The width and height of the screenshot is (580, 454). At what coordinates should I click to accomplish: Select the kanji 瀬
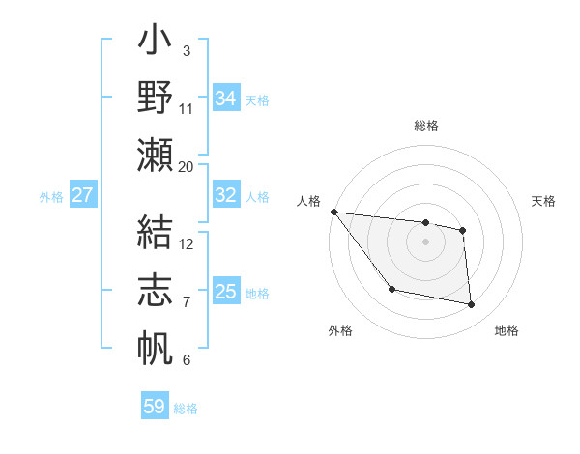(x=156, y=155)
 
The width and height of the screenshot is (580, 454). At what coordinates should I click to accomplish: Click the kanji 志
(x=156, y=291)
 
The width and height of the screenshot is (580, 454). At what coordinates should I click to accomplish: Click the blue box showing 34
(x=225, y=98)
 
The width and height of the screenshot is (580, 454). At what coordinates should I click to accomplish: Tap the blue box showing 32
(x=225, y=195)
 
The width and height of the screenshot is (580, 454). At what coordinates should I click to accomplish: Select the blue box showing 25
(x=225, y=292)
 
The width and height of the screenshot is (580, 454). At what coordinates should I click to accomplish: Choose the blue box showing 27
(x=82, y=195)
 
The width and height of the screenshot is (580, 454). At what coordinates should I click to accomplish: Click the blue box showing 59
(x=155, y=407)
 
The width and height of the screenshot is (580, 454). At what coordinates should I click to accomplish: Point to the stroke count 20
(x=187, y=166)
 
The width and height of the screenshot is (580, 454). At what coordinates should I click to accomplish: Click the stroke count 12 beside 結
(x=187, y=243)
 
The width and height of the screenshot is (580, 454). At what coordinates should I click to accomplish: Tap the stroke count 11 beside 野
(x=187, y=108)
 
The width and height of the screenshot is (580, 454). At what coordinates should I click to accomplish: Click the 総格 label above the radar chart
(x=425, y=126)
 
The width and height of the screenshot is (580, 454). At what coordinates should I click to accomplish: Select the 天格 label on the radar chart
(x=544, y=201)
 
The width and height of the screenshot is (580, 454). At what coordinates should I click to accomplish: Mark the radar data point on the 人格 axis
(x=333, y=212)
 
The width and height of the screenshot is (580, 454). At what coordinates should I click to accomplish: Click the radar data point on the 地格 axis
(x=472, y=305)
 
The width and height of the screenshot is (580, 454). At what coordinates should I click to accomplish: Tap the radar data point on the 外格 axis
(x=391, y=289)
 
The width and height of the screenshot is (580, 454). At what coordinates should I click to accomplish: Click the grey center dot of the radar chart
(x=425, y=241)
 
